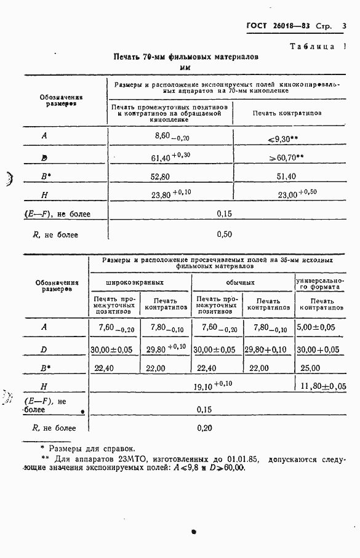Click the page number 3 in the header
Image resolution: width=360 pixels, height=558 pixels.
344,26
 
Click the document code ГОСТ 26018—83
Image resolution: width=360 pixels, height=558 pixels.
278,26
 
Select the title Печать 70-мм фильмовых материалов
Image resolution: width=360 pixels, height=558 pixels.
186,57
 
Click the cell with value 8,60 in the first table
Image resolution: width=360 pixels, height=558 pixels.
171,136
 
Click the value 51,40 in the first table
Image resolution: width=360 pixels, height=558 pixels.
287,177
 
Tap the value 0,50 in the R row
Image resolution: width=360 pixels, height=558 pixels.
225,234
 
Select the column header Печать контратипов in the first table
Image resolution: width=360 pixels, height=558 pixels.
287,113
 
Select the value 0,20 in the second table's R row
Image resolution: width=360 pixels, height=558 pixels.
206,428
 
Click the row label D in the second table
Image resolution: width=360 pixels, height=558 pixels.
44,349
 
